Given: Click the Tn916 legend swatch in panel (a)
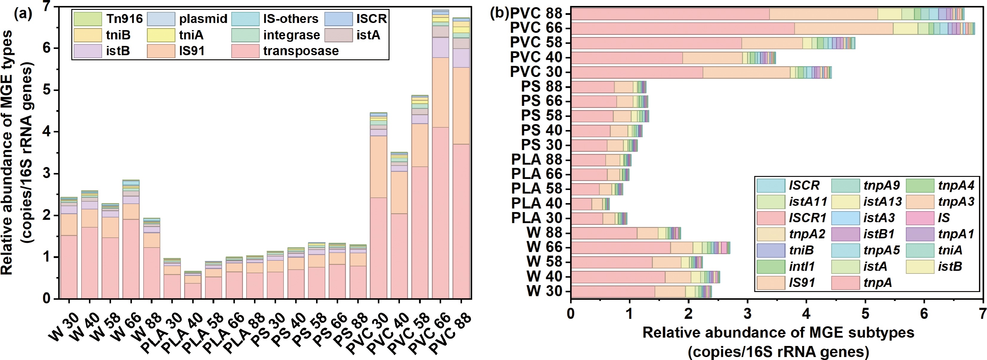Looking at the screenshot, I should [x=87, y=19].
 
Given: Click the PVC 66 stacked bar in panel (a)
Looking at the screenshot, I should [x=441, y=153].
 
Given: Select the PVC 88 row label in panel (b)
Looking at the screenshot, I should [x=536, y=13].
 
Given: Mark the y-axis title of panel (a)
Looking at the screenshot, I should [x=17, y=153].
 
